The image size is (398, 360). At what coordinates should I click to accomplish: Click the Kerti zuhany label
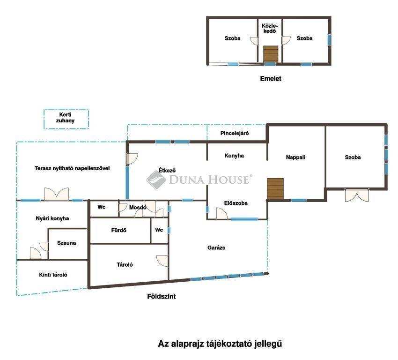tap(65, 118)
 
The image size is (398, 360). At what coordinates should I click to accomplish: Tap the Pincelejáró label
tap(235, 133)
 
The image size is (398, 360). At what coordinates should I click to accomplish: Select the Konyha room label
tap(234, 156)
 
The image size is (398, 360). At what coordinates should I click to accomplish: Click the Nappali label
tap(295, 157)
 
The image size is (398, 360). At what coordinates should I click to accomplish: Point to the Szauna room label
tap(66, 243)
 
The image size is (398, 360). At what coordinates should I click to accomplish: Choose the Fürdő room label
tap(118, 230)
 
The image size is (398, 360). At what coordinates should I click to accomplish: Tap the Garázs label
tap(216, 247)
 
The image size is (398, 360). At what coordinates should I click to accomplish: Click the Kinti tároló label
tap(53, 275)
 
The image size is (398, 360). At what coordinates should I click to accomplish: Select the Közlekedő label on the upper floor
tap(270, 29)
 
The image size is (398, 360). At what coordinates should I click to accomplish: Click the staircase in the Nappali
tap(275, 188)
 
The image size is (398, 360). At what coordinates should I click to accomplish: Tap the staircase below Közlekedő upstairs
tap(271, 53)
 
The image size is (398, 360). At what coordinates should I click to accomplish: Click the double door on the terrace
tap(57, 194)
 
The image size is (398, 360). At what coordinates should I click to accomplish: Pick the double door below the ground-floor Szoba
tap(357, 195)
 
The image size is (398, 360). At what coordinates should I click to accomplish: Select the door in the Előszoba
tap(222, 213)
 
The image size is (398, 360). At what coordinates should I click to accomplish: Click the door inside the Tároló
tap(162, 261)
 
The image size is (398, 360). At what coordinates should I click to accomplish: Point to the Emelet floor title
tap(271, 78)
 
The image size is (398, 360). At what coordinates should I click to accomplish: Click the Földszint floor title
tap(162, 296)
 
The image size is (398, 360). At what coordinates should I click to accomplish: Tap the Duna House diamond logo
tap(156, 180)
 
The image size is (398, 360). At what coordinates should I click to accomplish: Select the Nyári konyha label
tap(52, 218)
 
